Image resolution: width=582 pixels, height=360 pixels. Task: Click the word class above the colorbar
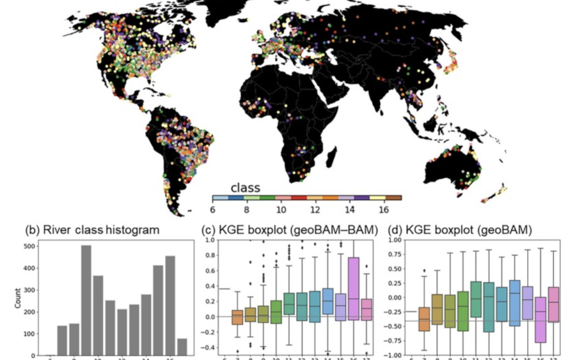click(x=246, y=187)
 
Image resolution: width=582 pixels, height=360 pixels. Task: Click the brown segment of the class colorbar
click(x=394, y=198)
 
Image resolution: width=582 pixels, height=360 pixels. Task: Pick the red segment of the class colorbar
click(x=299, y=198)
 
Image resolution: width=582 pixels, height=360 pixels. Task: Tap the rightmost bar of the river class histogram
click(x=181, y=347)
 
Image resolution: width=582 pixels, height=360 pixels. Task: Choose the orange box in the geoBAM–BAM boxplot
click(x=237, y=317)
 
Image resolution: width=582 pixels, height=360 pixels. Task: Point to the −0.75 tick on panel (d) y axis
click(x=395, y=341)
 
